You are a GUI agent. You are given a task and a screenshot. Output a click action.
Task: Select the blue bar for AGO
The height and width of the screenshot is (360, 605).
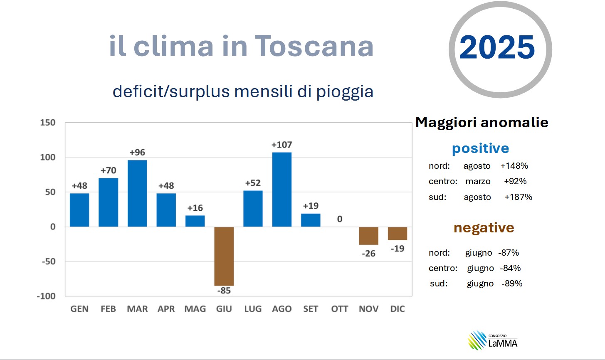282,190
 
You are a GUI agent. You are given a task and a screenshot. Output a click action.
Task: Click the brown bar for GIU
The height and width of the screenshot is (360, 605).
224,256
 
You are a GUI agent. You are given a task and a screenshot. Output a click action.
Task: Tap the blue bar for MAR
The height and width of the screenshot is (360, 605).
137,193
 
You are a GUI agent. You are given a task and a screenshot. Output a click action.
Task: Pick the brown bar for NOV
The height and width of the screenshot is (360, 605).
369,236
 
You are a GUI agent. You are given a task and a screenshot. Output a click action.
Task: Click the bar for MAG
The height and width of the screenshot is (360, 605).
195,221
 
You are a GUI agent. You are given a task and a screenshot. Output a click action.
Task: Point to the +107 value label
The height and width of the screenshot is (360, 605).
282,145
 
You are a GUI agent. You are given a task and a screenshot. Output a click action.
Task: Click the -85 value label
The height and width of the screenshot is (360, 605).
224,291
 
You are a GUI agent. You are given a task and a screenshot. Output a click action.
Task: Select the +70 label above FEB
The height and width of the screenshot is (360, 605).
109,170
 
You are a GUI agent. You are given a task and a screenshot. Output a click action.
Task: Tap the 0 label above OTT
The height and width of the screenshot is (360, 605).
340,219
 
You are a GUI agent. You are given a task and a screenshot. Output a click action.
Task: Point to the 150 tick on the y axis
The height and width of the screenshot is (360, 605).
47,123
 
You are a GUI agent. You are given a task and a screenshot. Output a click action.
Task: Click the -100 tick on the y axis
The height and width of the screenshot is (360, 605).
46,296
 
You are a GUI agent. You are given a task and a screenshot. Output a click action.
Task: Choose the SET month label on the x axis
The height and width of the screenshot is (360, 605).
311,309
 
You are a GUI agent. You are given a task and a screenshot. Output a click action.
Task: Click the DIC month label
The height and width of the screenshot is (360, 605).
398,309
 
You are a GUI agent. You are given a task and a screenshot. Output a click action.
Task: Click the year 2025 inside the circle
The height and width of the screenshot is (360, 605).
497,47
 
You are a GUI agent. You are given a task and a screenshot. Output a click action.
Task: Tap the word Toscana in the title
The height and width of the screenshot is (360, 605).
314,46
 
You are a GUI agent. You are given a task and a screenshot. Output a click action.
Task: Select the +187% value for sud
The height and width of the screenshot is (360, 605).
518,197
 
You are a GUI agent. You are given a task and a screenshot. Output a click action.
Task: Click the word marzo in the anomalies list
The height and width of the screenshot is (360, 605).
478,181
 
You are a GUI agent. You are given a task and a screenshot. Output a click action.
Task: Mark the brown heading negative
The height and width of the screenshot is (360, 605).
484,228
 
